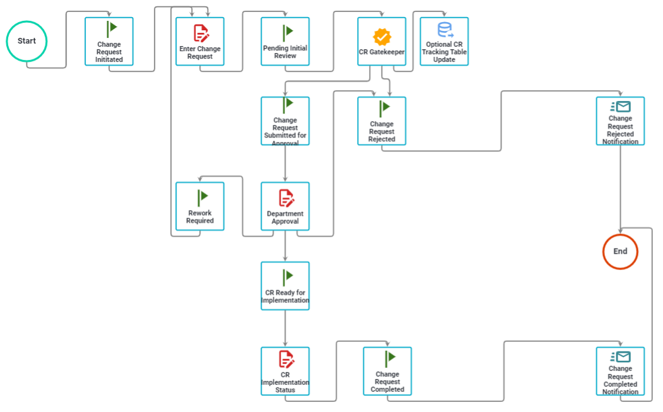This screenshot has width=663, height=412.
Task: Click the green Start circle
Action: point(26,41)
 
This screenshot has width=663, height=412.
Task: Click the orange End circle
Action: point(620,251)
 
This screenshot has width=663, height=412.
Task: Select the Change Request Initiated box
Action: point(109,42)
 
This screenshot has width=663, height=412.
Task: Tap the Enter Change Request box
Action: point(200,42)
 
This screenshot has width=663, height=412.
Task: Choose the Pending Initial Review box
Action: point(285,42)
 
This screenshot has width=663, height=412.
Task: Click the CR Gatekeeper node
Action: point(382,42)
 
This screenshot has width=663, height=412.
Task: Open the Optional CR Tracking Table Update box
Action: point(444,42)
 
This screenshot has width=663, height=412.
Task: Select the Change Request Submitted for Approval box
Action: point(285,121)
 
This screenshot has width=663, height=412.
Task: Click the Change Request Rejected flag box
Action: point(382,121)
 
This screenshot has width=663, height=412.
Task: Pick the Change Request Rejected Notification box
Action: point(620,121)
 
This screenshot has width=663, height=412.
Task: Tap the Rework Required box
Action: point(200,206)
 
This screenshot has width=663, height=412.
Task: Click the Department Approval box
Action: point(285,206)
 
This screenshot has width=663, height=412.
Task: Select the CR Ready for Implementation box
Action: point(285,286)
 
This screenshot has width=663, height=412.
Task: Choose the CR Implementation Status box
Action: point(285,371)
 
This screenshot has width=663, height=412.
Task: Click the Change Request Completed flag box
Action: point(387,371)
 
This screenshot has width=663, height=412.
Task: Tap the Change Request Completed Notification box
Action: point(620,371)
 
